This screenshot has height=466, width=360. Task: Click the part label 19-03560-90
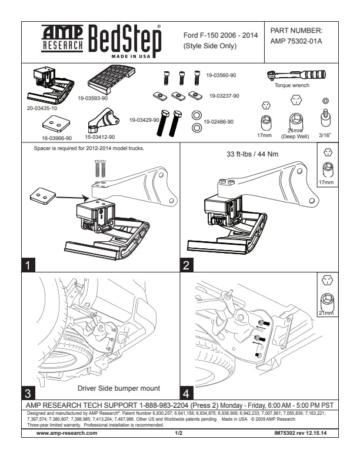221,75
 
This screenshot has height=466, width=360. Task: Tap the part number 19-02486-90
219,121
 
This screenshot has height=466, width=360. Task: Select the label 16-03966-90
57,138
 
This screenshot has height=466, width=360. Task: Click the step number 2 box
186,265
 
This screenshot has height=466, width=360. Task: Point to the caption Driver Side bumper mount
118,389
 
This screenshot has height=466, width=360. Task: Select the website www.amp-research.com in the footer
67,433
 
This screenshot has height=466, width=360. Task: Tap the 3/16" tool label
325,135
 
